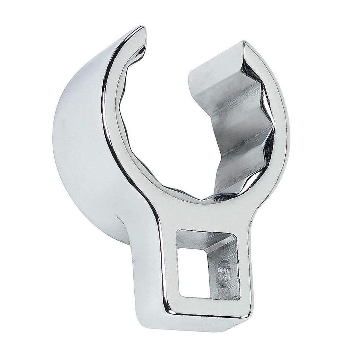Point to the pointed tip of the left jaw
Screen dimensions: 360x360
click(x=143, y=29)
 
